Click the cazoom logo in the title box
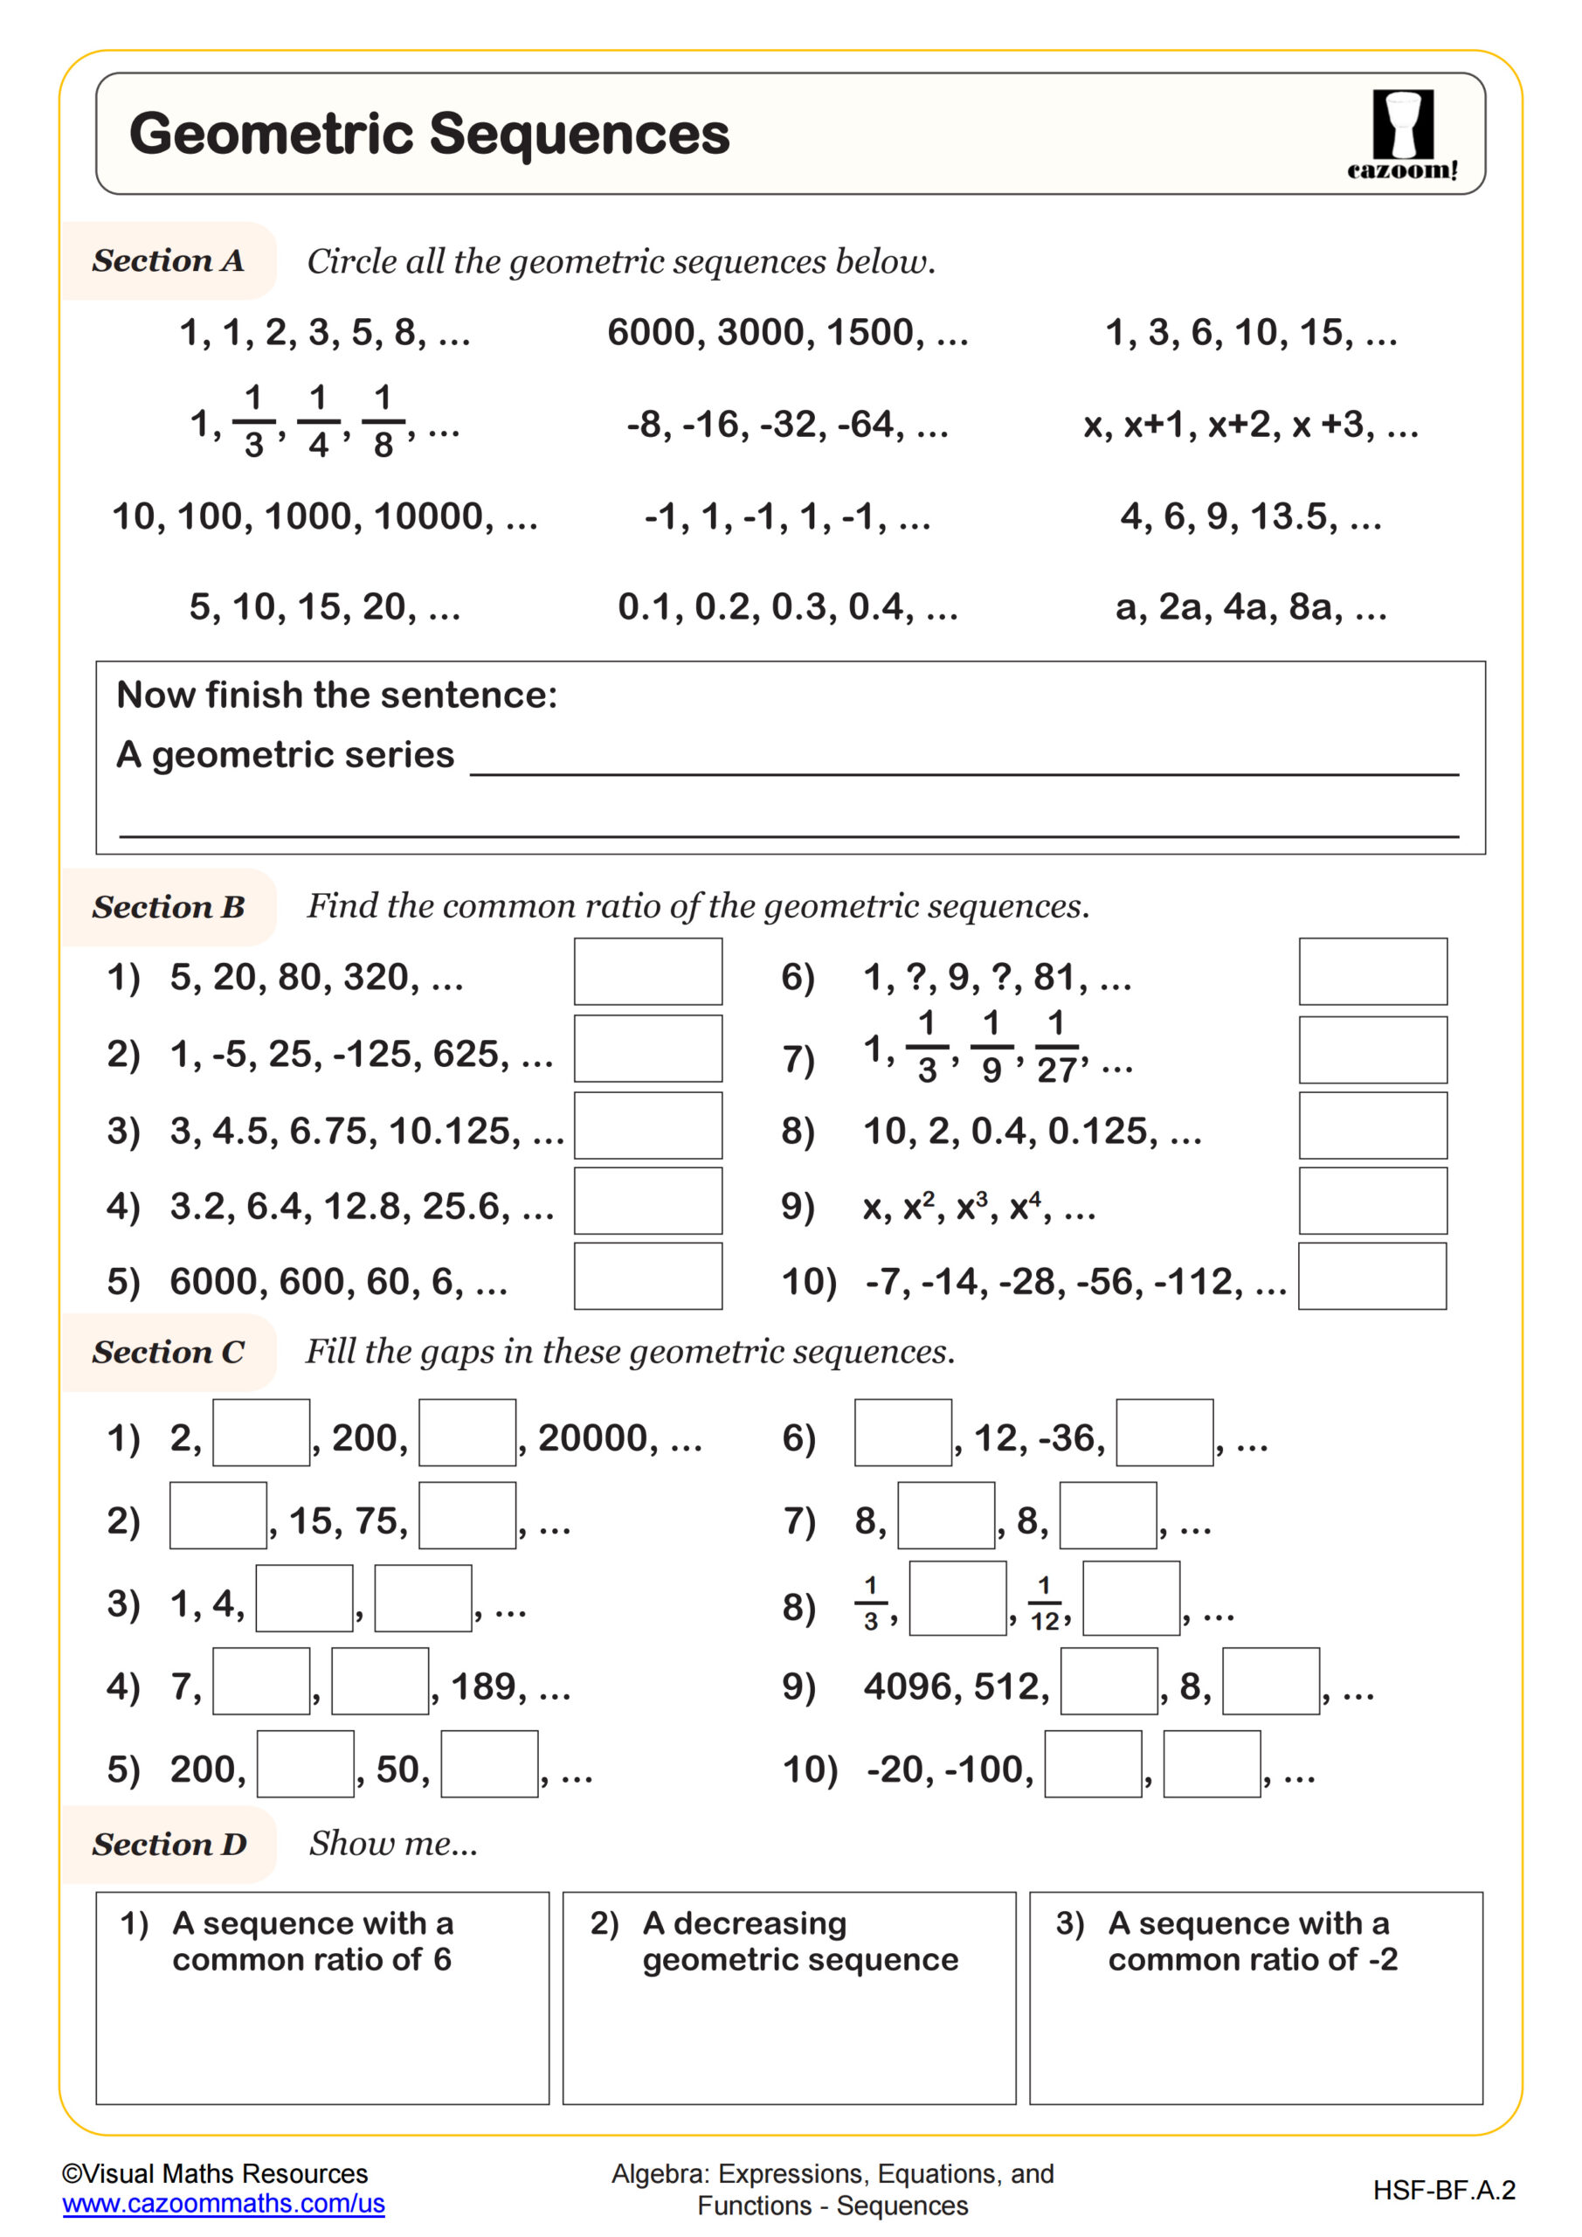click(x=1402, y=135)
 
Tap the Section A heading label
click(x=168, y=261)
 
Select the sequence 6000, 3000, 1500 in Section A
click(x=787, y=332)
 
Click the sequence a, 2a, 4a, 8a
click(x=1250, y=607)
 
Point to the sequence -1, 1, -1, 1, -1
click(x=786, y=516)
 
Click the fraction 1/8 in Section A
click(x=383, y=422)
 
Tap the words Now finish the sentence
click(x=336, y=695)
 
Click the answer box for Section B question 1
click(x=648, y=972)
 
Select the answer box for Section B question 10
click(x=1371, y=1276)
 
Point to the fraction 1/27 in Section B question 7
click(x=1056, y=1049)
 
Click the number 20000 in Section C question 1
click(x=592, y=1438)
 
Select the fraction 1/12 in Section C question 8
click(x=1044, y=1603)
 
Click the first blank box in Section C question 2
click(x=218, y=1515)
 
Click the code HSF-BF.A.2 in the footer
click(x=1444, y=2190)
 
